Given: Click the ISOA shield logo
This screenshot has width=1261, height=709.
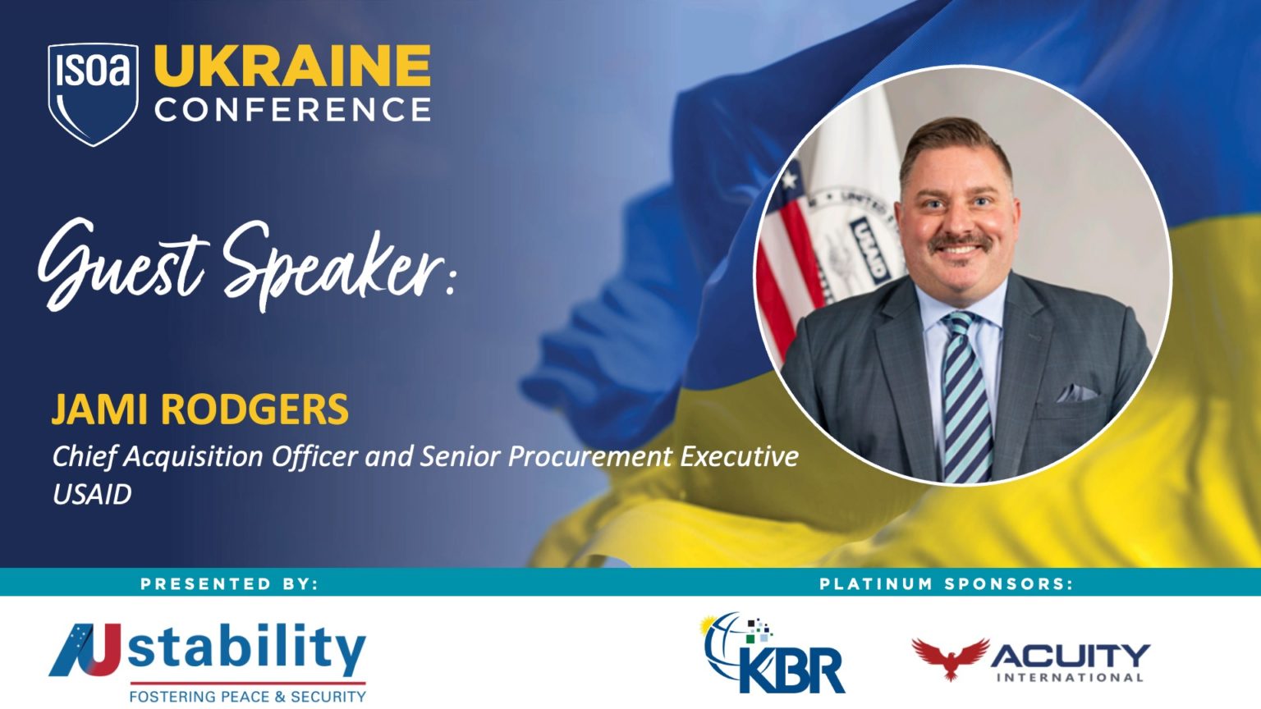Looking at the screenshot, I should [93, 93].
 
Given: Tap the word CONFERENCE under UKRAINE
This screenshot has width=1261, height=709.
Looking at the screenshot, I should [292, 110].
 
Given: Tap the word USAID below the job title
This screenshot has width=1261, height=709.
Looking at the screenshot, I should [92, 495].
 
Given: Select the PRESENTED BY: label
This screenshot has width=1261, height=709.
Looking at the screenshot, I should [229, 583].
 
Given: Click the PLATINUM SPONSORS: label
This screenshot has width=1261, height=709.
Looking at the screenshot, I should [946, 583].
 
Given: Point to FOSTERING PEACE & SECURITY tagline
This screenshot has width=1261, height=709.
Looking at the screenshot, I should [247, 696].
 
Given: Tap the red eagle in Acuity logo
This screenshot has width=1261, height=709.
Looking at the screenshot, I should [950, 657].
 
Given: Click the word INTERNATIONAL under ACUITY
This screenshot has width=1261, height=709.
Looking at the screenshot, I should [1070, 678].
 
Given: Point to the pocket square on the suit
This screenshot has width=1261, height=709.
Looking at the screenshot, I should [1076, 393].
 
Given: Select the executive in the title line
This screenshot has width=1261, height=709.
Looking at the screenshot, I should [739, 456].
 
